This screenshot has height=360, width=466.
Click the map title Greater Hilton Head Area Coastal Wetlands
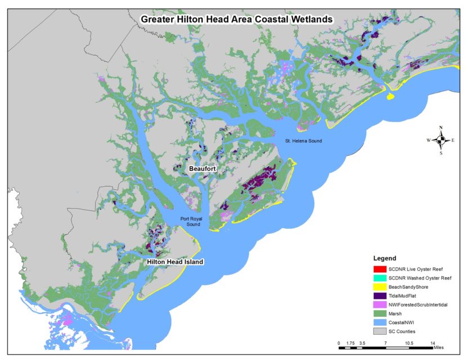click(x=236, y=19)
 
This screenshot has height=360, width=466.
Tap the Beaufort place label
click(x=203, y=168)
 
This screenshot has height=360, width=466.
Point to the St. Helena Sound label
click(x=303, y=141)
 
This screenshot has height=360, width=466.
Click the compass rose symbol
click(x=441, y=139)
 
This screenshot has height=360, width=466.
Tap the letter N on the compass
click(x=441, y=128)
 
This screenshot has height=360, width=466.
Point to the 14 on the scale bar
click(x=433, y=343)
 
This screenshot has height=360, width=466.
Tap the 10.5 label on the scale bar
click(x=409, y=343)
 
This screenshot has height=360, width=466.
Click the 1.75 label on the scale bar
click(x=350, y=343)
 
